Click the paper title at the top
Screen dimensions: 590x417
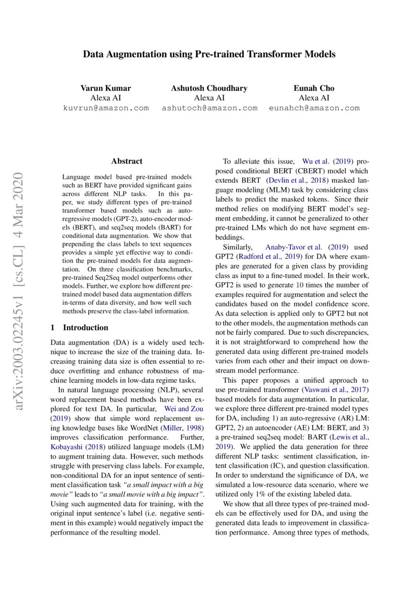209,53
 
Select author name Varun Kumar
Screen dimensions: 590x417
106,88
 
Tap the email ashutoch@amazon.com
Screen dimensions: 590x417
209,108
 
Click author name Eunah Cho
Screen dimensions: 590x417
314,88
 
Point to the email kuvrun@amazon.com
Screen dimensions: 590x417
106,108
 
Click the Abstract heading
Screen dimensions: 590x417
127,162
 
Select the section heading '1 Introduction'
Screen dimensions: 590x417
79,328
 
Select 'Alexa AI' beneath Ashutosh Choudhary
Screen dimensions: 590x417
209,98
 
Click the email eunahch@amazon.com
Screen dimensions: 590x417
314,108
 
